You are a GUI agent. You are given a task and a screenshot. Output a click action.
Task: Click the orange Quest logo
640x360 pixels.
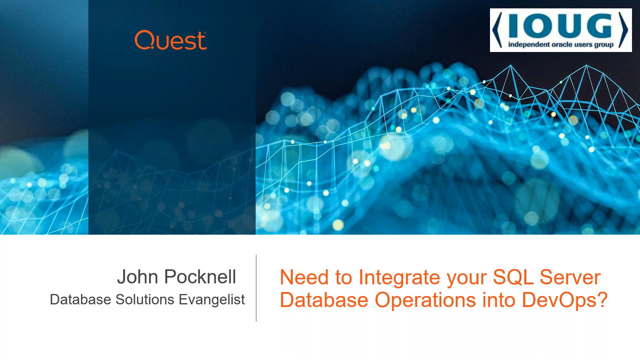pos(170,40)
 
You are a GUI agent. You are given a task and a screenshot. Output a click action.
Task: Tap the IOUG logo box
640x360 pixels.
pos(561,30)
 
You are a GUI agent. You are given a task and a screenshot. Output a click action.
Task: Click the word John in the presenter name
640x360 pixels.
pos(137,276)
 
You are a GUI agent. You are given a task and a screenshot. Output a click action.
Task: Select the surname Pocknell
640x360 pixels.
pos(200,276)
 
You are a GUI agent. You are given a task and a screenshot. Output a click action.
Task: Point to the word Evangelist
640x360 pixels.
pos(211,299)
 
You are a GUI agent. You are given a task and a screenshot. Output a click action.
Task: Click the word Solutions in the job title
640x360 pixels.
pos(145,299)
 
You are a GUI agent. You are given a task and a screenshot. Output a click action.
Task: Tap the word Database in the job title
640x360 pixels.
pos(80,299)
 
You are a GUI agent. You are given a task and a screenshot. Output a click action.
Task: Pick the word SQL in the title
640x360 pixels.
pos(513,277)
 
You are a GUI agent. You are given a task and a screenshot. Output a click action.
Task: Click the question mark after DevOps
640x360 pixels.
pos(601,299)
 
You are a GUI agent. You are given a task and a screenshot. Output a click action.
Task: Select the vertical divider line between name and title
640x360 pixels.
pos(256,288)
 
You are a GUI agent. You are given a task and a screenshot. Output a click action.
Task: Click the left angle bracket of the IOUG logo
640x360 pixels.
pos(497,30)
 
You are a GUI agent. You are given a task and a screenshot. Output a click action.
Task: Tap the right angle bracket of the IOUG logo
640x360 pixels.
pos(623,30)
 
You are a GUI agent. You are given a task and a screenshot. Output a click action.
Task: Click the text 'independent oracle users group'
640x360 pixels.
pos(560,44)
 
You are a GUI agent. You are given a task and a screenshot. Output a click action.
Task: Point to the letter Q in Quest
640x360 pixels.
pos(145,40)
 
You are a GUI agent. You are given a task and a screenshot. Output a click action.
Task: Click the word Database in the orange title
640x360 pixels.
pos(324,299)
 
